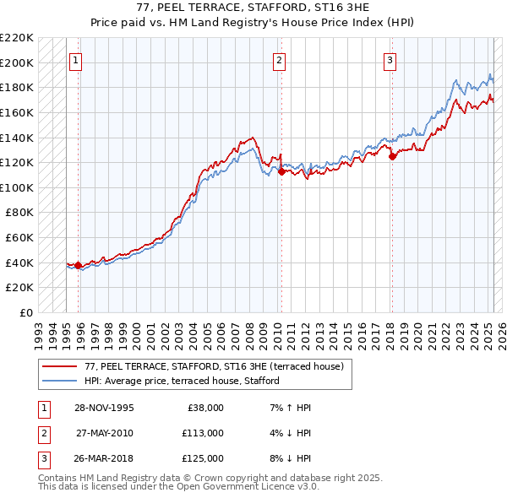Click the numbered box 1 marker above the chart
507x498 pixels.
pos(76,60)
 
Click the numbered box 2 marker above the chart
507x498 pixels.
pos(279,60)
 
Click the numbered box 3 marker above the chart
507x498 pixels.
pos(390,60)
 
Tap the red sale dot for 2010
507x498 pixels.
pos(281,171)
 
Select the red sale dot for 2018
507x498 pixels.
pos(392,156)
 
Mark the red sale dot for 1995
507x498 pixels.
pos(79,265)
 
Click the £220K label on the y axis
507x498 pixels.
pos(17,38)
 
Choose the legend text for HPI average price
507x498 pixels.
pos(182,381)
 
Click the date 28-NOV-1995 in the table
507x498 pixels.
pos(104,408)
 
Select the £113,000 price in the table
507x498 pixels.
pos(202,433)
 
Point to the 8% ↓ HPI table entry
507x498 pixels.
pos(288,458)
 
